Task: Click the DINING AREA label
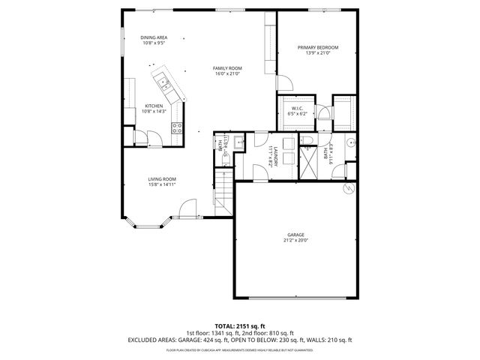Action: pos(154,37)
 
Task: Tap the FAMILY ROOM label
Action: pos(227,68)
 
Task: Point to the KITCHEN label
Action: pos(154,106)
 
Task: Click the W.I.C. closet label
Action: pos(297,109)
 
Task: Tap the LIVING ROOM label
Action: pos(162,178)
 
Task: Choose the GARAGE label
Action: pos(295,235)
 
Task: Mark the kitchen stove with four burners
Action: pos(178,128)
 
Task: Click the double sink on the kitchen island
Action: pos(163,80)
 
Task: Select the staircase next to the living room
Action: pos(223,192)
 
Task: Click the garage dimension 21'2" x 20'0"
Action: pos(295,241)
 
